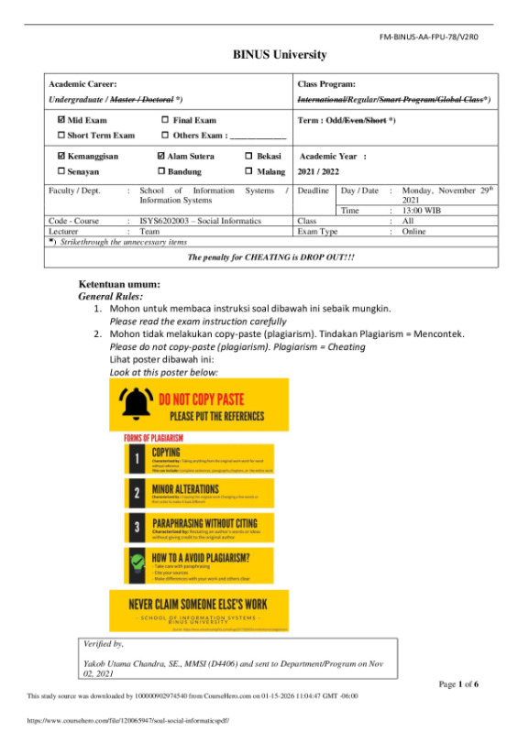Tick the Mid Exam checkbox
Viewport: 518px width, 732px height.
click(x=61, y=120)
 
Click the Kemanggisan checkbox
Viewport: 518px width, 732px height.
click(x=61, y=157)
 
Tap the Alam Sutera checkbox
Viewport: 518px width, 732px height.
click(x=161, y=157)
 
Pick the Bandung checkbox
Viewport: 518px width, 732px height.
click(x=161, y=171)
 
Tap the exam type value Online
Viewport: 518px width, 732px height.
click(x=415, y=232)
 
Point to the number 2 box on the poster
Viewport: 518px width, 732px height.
click(x=136, y=493)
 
